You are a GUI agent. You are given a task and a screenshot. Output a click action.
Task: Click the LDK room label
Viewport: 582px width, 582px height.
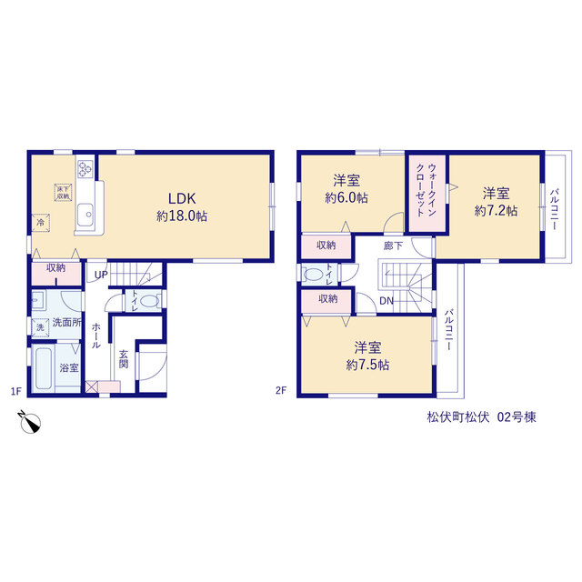182,198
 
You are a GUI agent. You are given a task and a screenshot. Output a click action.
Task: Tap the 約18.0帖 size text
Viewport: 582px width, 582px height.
182,216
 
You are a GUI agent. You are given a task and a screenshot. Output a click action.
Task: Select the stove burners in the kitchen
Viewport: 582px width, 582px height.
85,168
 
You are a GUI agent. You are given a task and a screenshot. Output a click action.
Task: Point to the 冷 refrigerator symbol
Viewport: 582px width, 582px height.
40,223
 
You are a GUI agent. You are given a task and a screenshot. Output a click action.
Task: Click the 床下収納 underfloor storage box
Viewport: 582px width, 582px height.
63,193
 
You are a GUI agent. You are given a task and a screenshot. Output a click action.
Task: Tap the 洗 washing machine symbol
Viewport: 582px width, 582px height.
40,327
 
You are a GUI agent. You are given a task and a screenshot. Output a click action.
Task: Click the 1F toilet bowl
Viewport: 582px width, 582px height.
149,301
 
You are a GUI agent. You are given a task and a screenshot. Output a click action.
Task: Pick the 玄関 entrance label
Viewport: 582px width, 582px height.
124,359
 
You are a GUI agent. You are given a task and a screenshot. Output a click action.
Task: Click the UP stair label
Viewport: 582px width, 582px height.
101,275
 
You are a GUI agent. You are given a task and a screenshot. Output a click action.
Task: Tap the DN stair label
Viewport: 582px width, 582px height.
386,301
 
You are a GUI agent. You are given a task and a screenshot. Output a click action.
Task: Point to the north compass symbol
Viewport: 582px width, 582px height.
30,422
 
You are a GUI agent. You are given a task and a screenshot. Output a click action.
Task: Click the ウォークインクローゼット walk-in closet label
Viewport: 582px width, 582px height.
426,190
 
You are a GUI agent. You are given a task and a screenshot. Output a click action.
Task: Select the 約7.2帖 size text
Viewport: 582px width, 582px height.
496,211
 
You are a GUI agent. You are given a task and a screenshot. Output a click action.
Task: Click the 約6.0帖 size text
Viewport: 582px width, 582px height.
346,198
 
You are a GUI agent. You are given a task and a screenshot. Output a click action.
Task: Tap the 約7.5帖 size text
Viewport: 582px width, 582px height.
367,366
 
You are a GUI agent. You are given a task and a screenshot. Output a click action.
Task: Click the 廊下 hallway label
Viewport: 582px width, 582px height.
393,246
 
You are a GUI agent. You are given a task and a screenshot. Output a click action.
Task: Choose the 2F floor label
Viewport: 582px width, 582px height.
281,390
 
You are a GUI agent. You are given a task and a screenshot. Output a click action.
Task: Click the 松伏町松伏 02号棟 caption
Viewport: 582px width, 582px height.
481,417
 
